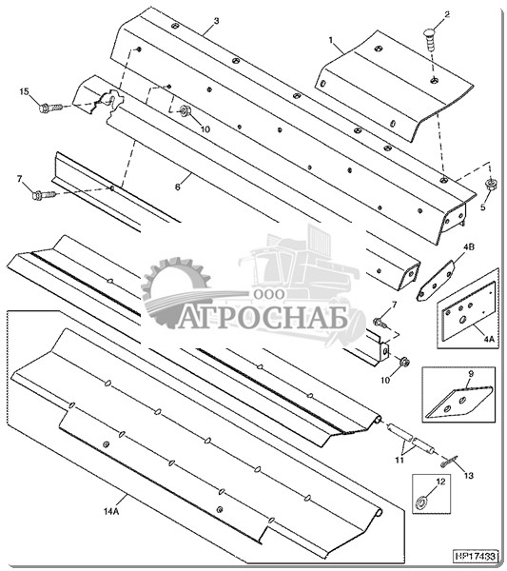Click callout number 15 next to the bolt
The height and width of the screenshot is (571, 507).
24,91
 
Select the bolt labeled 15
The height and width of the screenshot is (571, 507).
50,108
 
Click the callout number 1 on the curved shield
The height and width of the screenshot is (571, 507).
330,40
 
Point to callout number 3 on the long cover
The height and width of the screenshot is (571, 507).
216,21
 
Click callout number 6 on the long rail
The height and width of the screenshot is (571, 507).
178,187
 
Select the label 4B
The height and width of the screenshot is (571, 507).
468,247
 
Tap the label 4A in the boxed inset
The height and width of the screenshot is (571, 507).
489,339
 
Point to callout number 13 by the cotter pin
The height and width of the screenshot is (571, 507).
469,476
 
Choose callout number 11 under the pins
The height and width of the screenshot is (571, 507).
400,461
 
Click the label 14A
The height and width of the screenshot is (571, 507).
111,512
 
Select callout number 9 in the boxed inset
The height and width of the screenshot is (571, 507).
471,374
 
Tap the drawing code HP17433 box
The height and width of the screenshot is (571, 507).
476,557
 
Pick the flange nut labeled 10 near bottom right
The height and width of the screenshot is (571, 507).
404,362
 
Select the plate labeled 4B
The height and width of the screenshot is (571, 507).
436,281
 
